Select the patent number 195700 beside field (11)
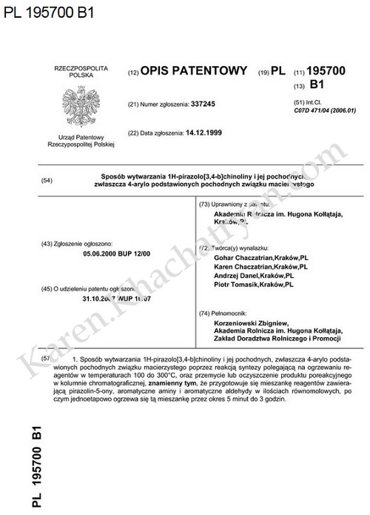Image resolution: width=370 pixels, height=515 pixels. click(x=326, y=71)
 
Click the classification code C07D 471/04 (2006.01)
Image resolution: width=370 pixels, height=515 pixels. click(x=325, y=110)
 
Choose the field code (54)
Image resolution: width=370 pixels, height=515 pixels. click(x=47, y=180)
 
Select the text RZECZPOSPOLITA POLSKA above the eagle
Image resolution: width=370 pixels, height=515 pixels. click(x=76, y=72)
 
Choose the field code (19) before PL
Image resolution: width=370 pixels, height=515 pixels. click(x=263, y=72)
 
